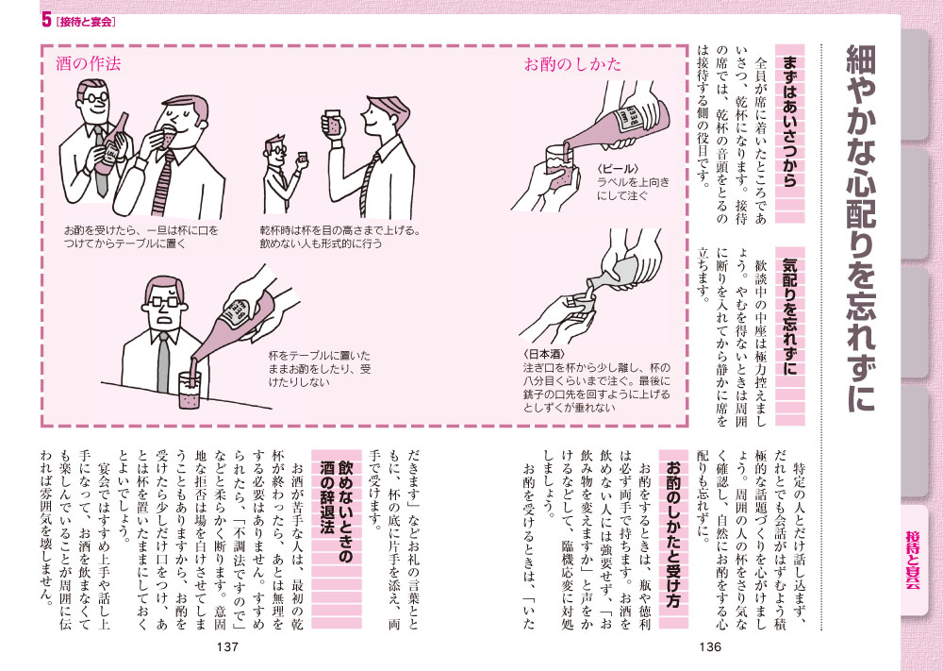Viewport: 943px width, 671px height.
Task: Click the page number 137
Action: [x=227, y=646]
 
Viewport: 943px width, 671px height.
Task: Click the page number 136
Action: [x=710, y=646]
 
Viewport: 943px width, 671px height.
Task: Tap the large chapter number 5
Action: [x=46, y=21]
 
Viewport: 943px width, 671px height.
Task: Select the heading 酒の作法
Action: [x=88, y=63]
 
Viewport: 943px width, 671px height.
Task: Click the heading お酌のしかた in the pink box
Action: [x=572, y=64]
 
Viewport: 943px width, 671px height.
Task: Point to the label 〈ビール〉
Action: [x=617, y=169]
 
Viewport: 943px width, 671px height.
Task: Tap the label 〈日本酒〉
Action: [x=544, y=354]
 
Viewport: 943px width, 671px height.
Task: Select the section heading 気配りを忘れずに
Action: [x=789, y=316]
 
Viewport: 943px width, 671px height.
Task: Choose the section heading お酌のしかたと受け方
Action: [x=673, y=534]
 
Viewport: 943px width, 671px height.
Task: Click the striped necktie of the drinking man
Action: [x=163, y=183]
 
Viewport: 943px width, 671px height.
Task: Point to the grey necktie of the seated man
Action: [x=163, y=362]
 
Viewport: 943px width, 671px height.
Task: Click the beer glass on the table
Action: [x=190, y=390]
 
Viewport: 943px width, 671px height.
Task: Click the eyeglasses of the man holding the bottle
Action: [x=95, y=97]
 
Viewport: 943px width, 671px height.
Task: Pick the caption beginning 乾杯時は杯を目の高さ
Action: [x=339, y=237]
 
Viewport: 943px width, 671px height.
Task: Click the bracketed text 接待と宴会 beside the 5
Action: [x=86, y=22]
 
